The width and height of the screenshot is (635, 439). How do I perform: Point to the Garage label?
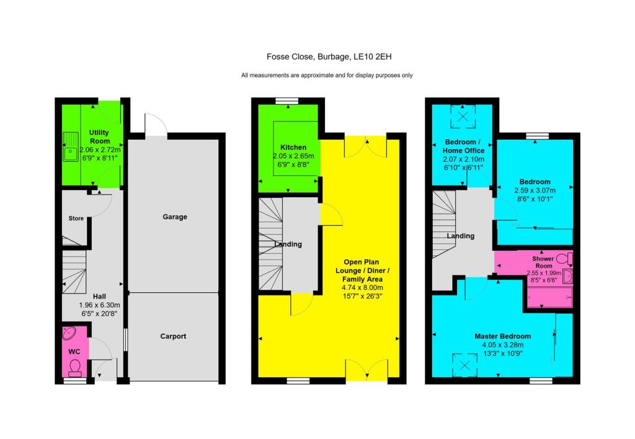[x=175, y=217]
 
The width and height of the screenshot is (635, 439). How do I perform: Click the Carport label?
[x=174, y=336]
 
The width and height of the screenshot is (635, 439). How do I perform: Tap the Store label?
[x=76, y=218]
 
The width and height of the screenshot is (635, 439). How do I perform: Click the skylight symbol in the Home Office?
[x=463, y=115]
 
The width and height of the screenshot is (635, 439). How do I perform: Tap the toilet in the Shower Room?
[x=564, y=258]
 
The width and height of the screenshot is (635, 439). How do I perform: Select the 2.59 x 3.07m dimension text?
[x=535, y=190]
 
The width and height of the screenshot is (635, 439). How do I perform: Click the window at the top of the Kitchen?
[x=286, y=100]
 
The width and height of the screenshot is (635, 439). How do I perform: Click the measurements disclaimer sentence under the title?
[x=327, y=76]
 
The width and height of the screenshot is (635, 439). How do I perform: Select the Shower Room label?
[x=543, y=262]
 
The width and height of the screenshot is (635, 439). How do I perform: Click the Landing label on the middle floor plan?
[x=288, y=244]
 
